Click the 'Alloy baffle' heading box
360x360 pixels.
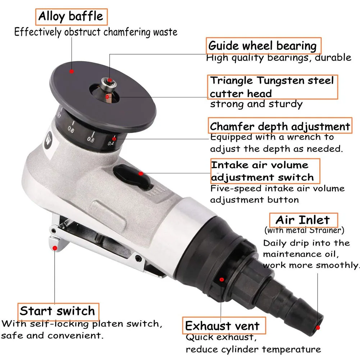point(72,17)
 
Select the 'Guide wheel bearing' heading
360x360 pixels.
point(264,46)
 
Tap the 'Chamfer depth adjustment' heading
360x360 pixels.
point(280,126)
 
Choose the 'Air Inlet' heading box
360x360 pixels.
point(304,220)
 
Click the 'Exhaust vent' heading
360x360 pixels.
point(224,325)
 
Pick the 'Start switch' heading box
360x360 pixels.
point(58,311)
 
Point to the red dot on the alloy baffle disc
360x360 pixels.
point(72,72)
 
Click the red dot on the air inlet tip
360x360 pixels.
point(318,328)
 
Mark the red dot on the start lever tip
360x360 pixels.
point(55,248)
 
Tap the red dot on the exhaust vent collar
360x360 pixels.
point(222,279)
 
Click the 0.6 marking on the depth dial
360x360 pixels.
point(71,130)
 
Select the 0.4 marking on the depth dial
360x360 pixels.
point(111,143)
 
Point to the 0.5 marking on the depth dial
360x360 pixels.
point(91,139)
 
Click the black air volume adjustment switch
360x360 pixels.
point(133,177)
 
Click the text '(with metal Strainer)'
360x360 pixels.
point(304,230)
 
